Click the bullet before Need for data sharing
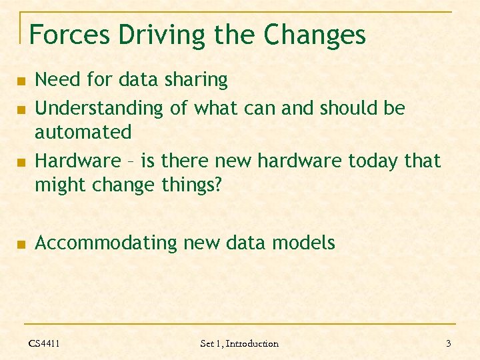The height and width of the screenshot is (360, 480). [21, 81]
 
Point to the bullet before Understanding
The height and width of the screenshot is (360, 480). [21, 109]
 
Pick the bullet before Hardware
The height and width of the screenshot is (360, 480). [21, 162]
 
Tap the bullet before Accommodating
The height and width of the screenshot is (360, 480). [21, 245]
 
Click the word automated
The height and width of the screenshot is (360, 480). [83, 132]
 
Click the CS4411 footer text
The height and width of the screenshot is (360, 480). [44, 343]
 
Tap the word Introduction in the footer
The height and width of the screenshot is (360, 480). [253, 343]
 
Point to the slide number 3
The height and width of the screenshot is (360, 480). [449, 343]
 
